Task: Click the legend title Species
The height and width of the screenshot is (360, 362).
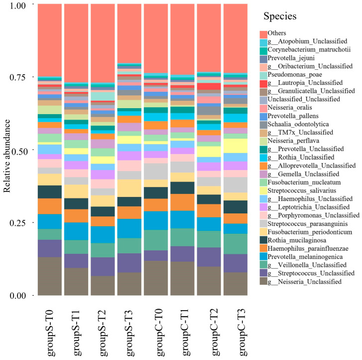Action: tap(280, 16)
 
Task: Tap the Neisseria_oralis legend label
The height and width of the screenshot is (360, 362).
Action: tap(290, 108)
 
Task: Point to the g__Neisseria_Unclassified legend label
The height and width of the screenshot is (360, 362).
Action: tap(305, 282)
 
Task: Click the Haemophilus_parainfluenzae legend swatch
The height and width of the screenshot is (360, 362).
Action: tap(263, 248)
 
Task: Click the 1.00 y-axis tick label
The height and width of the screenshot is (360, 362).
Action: tap(17, 5)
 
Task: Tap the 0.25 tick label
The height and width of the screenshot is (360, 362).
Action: tap(17, 223)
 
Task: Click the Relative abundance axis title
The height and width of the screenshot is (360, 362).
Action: tap(7, 156)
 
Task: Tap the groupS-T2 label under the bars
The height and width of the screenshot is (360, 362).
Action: tap(103, 333)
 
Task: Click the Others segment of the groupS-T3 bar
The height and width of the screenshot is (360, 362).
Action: tap(129, 33)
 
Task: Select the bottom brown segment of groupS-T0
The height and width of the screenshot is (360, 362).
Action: tap(50, 276)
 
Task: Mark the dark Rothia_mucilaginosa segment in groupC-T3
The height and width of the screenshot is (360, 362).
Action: tap(236, 207)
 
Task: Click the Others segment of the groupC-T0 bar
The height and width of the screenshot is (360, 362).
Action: tap(156, 38)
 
